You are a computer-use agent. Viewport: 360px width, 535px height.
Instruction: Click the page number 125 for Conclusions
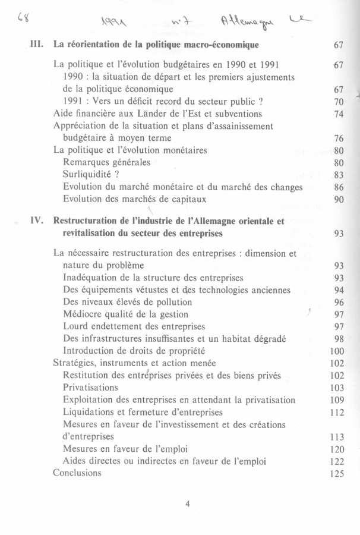coord(336,474)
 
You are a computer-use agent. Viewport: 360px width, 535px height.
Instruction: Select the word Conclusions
coord(77,473)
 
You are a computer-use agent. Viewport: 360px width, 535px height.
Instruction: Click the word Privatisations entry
coord(91,387)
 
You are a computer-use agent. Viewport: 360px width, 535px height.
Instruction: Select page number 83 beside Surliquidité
coord(339,175)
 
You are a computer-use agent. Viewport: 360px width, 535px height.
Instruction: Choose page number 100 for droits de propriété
coord(336,351)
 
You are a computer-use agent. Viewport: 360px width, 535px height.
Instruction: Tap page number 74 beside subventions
coord(339,114)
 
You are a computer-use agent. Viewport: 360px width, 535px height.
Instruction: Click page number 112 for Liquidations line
coord(336,412)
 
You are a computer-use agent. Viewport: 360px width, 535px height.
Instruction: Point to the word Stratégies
coord(75,363)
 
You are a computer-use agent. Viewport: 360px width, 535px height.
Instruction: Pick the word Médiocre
coord(83,314)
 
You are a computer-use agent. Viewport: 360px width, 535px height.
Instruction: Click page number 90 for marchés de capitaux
coord(339,200)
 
